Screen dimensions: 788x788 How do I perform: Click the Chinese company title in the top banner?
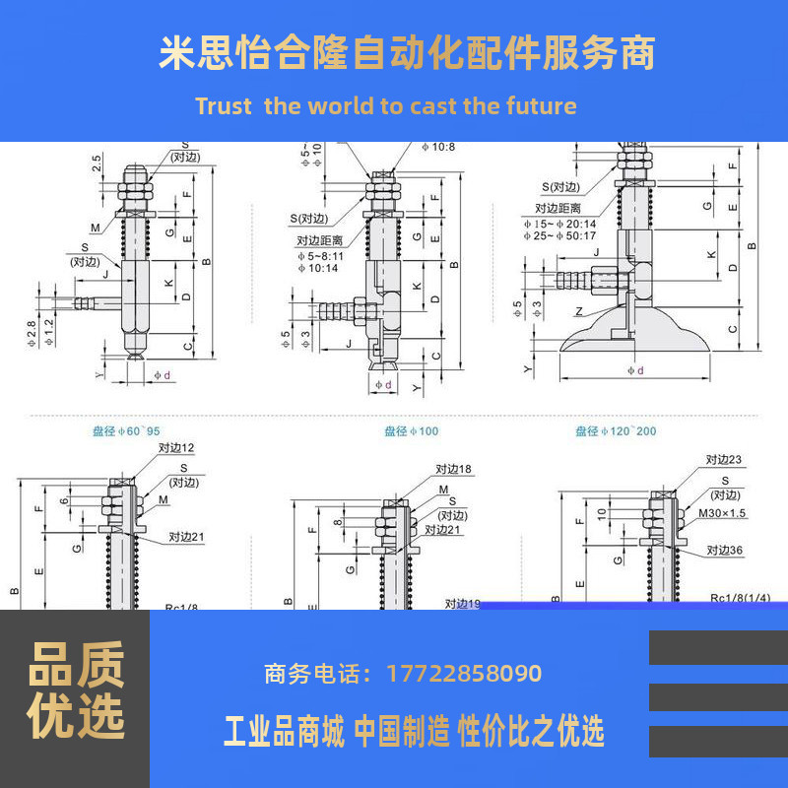[x=407, y=52]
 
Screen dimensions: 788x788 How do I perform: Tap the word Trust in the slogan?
[x=224, y=106]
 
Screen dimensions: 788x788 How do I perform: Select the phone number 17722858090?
[x=464, y=675]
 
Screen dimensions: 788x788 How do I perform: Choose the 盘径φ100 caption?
[x=410, y=431]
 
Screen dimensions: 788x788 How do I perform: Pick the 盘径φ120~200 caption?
[x=615, y=431]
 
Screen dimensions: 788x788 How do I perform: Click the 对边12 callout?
[x=176, y=448]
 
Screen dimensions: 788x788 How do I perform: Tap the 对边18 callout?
[x=452, y=470]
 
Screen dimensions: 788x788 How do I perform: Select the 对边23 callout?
[x=724, y=459]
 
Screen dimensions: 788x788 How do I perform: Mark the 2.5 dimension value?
[x=97, y=163]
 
